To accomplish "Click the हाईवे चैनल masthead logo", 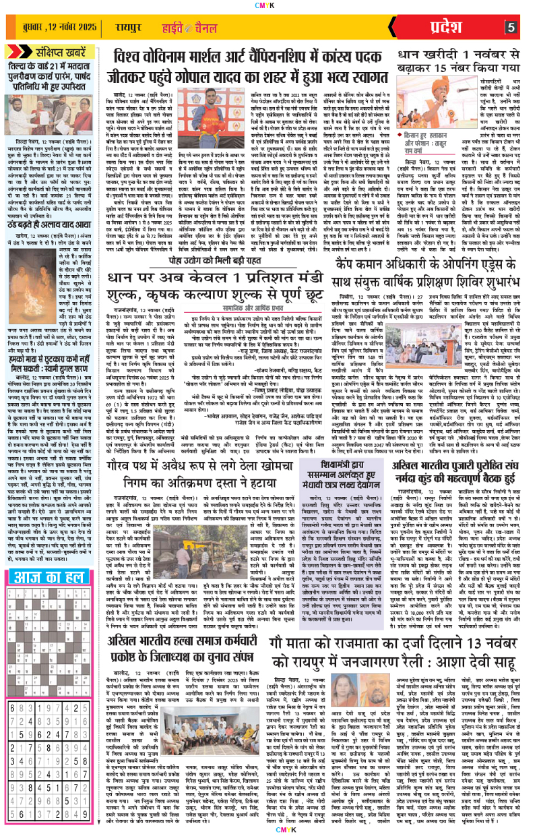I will pyautogui.click(x=205, y=28).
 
